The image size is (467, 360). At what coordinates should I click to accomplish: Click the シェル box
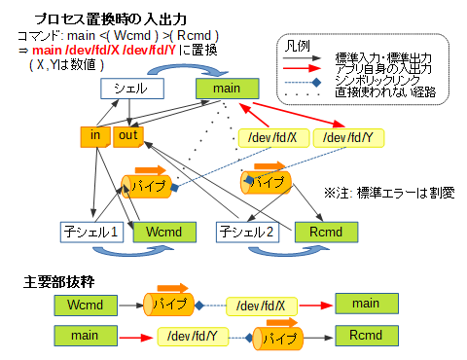pos(130,90)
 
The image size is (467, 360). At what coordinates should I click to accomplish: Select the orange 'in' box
pos(95,136)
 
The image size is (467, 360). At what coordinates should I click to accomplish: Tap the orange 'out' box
pos(127,136)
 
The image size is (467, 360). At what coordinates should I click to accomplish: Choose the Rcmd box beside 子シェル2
pos(316,233)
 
